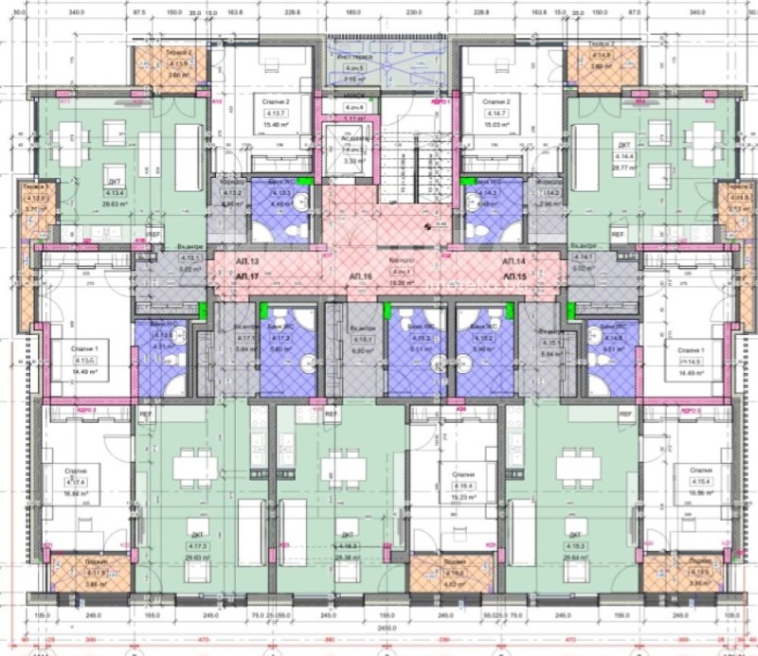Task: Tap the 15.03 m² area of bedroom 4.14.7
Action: [496, 124]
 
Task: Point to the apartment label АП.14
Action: [514, 260]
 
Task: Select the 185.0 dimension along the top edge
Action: [353, 13]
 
